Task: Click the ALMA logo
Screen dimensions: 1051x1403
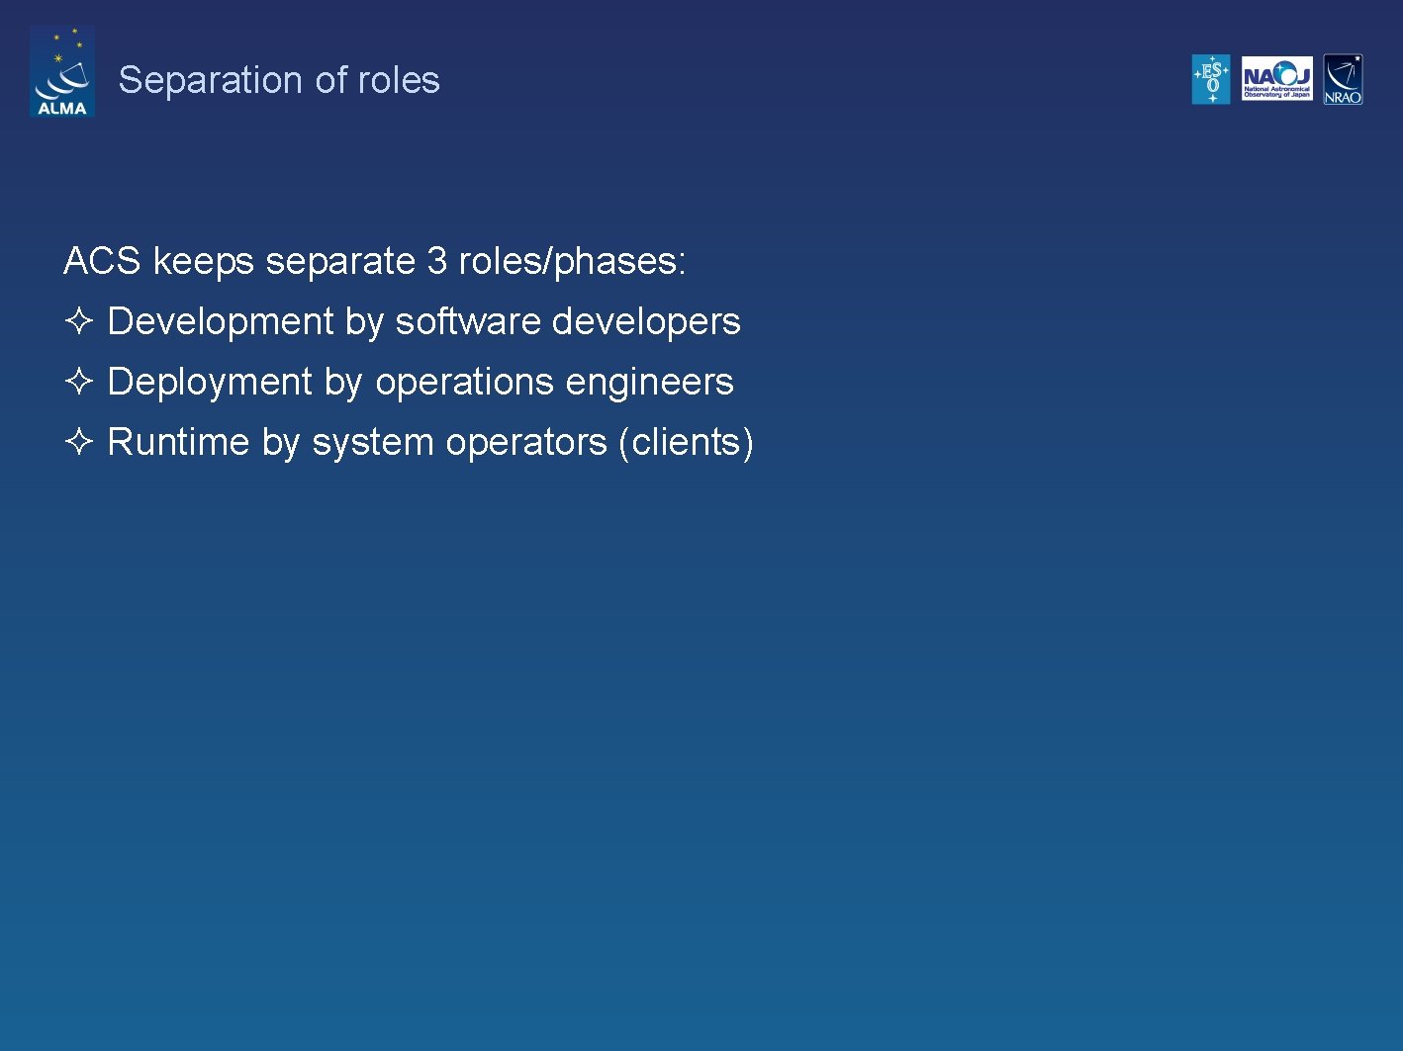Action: (61, 72)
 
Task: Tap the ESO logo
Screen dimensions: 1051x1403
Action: (1211, 79)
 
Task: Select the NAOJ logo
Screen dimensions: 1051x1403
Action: (1276, 79)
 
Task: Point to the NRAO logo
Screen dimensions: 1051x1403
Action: (1343, 79)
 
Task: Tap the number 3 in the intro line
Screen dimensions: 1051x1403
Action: (436, 261)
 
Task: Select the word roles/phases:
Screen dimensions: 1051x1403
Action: (572, 261)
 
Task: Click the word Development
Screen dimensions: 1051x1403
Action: (221, 321)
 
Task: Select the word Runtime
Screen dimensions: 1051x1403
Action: (178, 442)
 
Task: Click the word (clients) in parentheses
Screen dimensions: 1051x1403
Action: (686, 442)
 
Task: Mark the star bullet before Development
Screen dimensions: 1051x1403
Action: (79, 320)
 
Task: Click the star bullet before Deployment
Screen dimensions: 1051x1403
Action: (79, 381)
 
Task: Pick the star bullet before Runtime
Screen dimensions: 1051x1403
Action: (79, 441)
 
